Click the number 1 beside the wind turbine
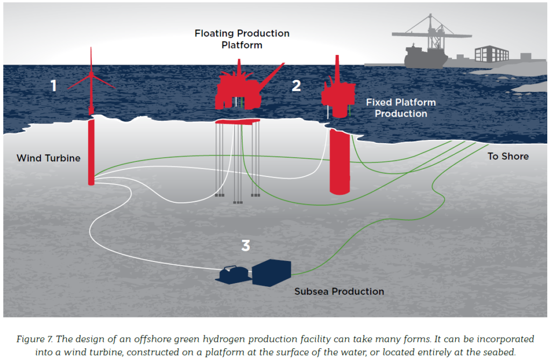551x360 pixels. click(x=53, y=86)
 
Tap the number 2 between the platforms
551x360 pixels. click(x=296, y=86)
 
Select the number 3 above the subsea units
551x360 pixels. click(x=245, y=246)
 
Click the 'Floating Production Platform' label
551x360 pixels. click(x=242, y=39)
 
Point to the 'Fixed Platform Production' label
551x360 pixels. click(x=401, y=108)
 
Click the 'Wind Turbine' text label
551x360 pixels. click(x=48, y=158)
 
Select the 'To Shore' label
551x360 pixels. click(x=508, y=156)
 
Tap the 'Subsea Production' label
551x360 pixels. click(x=339, y=291)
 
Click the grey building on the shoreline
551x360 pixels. click(x=491, y=54)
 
